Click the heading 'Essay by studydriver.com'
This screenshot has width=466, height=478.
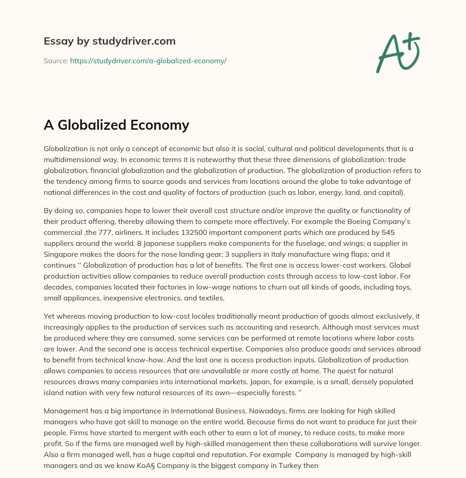109,41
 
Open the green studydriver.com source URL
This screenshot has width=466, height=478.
148,61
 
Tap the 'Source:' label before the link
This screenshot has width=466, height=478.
56,61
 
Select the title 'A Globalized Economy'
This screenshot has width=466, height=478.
116,124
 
